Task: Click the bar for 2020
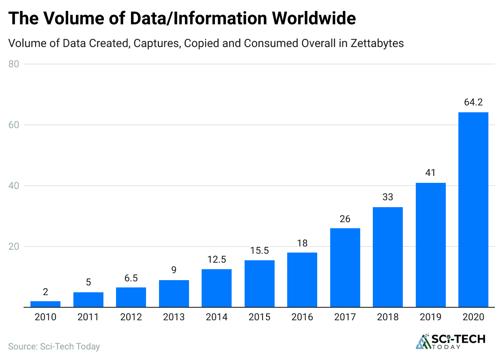tap(473, 210)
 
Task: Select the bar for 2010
tap(45, 304)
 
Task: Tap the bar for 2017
tap(345, 268)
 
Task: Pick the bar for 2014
tap(217, 288)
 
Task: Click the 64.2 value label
tap(473, 103)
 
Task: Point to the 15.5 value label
tap(259, 251)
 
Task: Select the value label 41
tap(430, 173)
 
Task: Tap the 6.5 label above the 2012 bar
tap(131, 278)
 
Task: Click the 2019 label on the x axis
tap(430, 317)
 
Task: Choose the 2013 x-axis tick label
tap(174, 317)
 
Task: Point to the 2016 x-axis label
tap(302, 317)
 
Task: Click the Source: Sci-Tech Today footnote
tap(54, 347)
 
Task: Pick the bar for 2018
tap(388, 257)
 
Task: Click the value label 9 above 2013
tap(174, 270)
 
